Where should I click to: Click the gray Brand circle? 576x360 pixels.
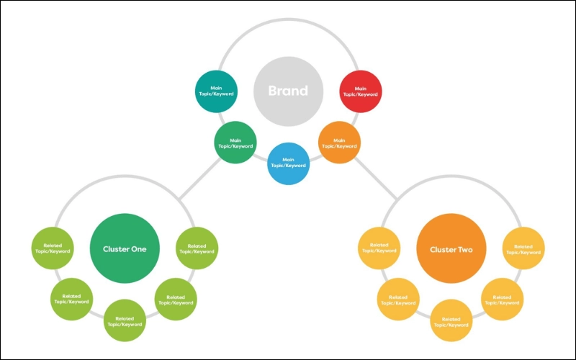(x=288, y=91)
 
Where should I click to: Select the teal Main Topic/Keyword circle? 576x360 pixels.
(x=217, y=91)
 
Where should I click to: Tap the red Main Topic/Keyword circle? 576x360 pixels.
(x=359, y=91)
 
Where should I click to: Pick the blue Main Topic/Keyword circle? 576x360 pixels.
(x=288, y=163)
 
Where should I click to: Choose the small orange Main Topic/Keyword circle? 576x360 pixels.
(x=339, y=142)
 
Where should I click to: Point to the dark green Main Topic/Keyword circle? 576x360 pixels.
(x=235, y=142)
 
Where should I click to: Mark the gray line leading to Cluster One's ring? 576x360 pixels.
(x=199, y=176)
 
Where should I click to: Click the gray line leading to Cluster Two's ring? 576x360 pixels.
(x=376, y=177)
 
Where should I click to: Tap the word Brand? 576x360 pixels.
(x=288, y=91)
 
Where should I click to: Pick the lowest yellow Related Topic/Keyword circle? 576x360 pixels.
(x=451, y=321)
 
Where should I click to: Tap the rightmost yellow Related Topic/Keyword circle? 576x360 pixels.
(x=523, y=249)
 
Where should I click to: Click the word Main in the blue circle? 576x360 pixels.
(x=288, y=159)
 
